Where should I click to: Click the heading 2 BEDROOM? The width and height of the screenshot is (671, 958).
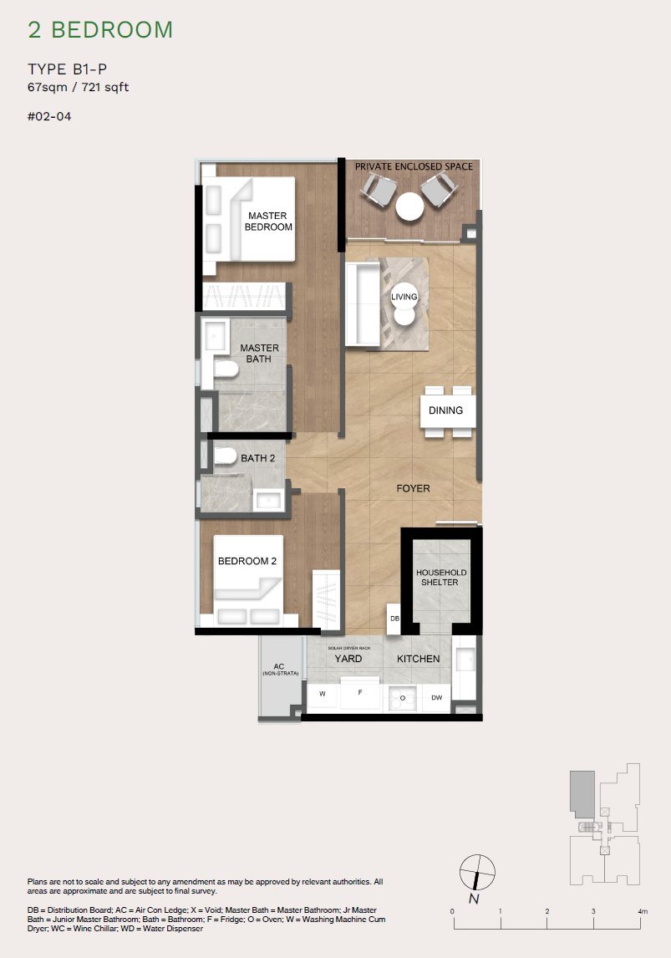pos(100,30)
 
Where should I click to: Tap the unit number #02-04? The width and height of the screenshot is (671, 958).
pos(49,116)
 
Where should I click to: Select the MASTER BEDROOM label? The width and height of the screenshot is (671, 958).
pos(267,222)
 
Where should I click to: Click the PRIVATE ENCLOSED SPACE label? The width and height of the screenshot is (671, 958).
pos(414,166)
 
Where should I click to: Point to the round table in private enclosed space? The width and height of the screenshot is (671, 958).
pos(410,206)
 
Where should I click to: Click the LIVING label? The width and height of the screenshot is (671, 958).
pos(404,297)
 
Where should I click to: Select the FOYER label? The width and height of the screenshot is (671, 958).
pos(413,488)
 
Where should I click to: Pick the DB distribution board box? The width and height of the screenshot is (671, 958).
pos(395,619)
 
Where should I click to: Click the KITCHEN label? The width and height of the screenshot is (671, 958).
pos(418,659)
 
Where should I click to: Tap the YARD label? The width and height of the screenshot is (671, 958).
pos(348,659)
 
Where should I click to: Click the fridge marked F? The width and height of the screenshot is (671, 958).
pos(361,693)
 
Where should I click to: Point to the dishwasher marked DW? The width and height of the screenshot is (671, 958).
pos(437,697)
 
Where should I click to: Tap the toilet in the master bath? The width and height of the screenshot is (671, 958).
pos(224,370)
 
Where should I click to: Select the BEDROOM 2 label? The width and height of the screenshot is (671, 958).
pos(247,561)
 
